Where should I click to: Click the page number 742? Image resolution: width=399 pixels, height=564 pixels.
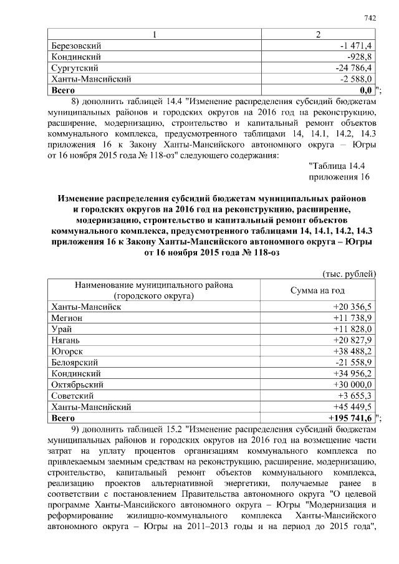[x=370, y=18]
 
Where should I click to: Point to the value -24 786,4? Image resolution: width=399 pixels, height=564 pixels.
[x=352, y=67]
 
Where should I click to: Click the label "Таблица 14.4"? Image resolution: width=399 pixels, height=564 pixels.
[x=337, y=165]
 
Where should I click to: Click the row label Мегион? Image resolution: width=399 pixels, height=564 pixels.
[x=66, y=318]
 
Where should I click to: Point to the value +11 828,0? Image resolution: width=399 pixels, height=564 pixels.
[x=352, y=328]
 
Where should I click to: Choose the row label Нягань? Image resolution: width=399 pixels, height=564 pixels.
[x=66, y=340]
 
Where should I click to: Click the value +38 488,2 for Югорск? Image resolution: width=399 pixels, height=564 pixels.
[x=352, y=351]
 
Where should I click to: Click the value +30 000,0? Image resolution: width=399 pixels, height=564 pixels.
[x=352, y=385]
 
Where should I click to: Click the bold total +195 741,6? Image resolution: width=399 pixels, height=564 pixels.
[x=350, y=418]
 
